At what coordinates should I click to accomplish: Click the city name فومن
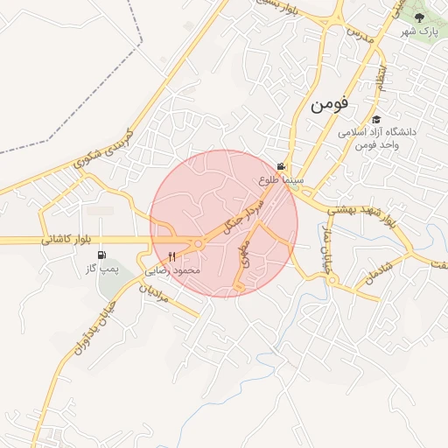click(329, 104)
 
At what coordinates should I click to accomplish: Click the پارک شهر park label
click(419, 31)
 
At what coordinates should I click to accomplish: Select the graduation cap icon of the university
click(376, 120)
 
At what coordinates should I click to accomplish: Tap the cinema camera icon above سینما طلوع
click(281, 166)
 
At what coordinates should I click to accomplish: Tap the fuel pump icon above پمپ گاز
click(103, 255)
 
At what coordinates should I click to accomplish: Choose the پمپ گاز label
click(101, 269)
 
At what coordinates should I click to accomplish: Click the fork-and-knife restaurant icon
click(171, 257)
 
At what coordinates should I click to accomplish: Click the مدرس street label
click(361, 37)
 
